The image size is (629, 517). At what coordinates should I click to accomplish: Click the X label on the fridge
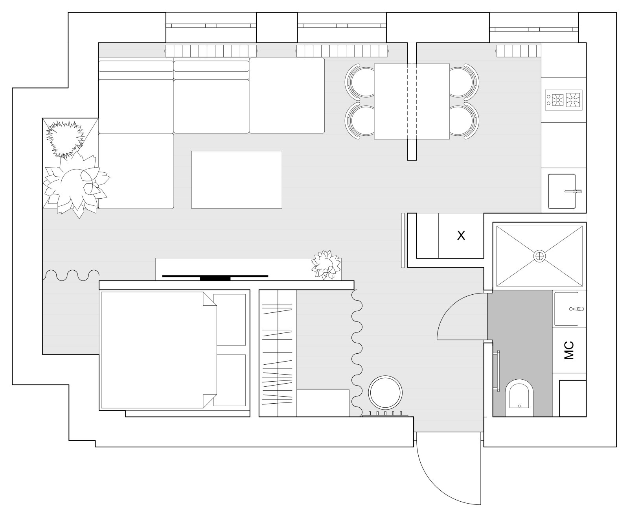click(461, 236)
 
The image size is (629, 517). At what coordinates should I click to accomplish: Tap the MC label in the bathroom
click(569, 350)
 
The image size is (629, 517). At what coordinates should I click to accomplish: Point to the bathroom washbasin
click(566, 309)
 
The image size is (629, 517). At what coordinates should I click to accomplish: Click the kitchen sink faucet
click(574, 191)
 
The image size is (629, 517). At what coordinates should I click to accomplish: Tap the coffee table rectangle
click(236, 179)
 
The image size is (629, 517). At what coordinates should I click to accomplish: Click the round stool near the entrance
click(385, 392)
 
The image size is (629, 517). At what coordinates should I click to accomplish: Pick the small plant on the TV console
click(326, 265)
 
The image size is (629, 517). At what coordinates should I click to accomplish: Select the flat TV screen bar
click(215, 277)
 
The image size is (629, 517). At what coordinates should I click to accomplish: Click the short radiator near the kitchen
click(519, 51)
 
